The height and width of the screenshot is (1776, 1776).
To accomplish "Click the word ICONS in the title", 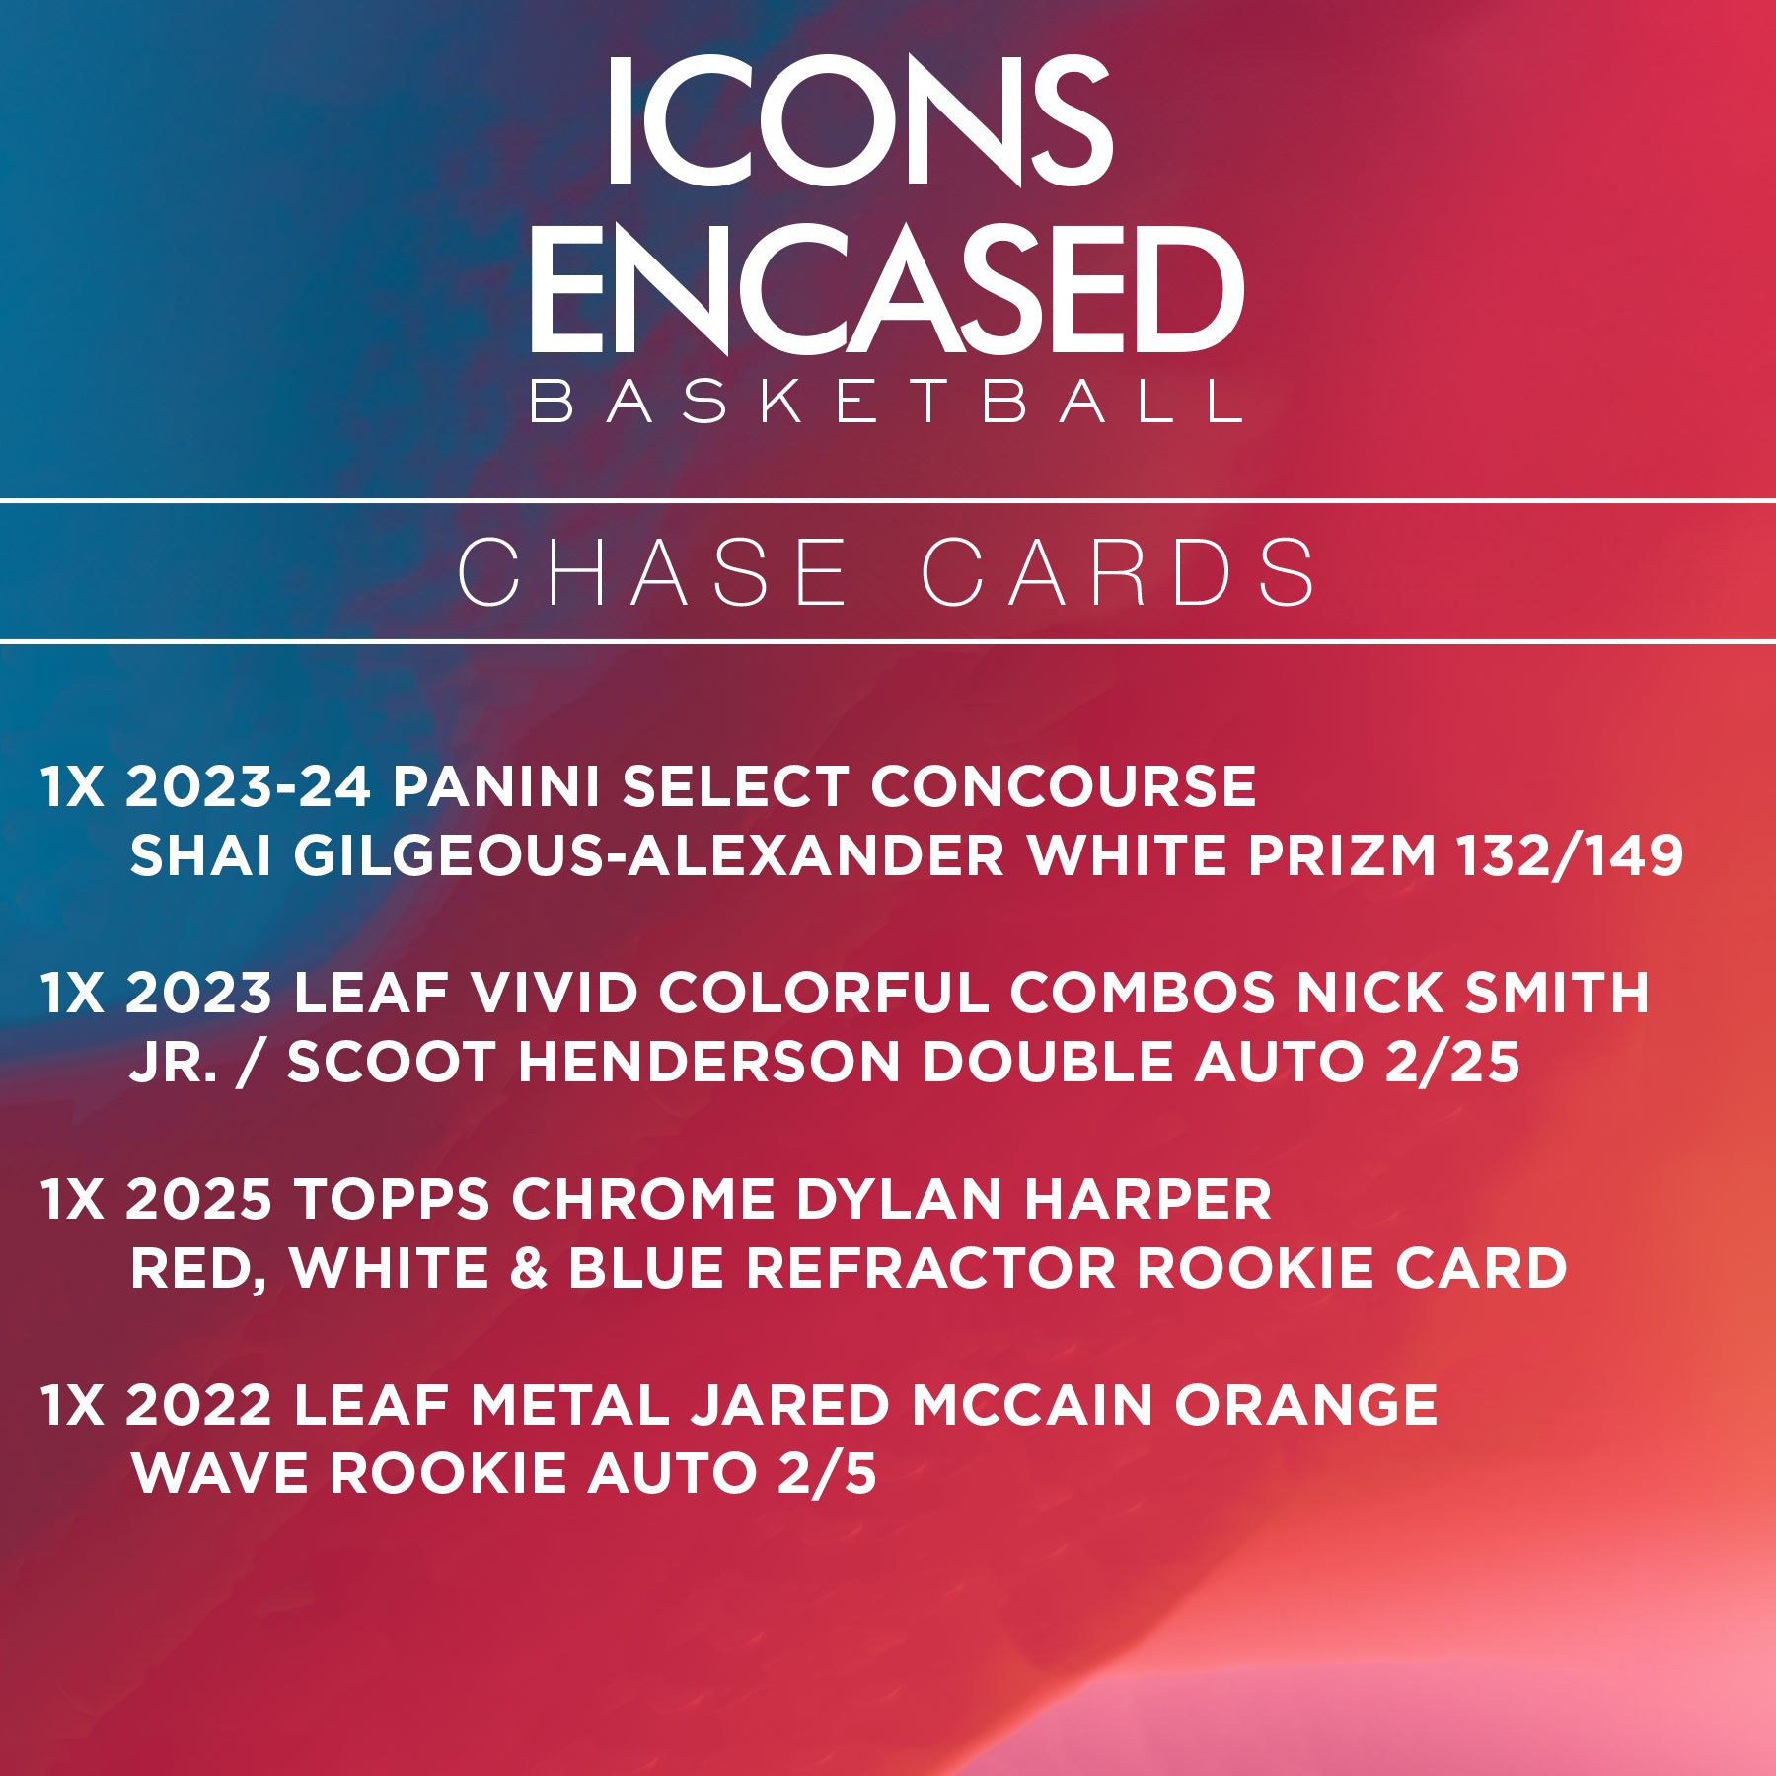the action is pos(859,121).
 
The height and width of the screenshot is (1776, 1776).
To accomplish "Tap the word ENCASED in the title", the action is pos(887,288).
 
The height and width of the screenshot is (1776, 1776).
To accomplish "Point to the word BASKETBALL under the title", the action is pos(886,402).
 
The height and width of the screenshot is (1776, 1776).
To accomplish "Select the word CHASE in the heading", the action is pos(652,572).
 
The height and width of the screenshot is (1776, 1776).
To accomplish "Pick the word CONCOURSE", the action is pos(1064,786).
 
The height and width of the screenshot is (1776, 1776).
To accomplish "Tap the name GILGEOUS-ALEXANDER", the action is pos(648,854).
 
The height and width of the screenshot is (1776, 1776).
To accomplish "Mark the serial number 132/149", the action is pos(1571,854).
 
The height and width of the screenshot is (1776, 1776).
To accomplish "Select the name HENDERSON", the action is pos(708,1062).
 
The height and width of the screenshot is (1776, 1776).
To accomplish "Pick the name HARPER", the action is pos(1147,1199).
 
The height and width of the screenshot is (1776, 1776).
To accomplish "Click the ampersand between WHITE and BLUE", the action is pos(529,1268).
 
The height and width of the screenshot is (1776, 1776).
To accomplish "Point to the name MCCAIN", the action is pos(1031,1405).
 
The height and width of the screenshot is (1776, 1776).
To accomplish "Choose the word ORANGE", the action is pos(1305,1405).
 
